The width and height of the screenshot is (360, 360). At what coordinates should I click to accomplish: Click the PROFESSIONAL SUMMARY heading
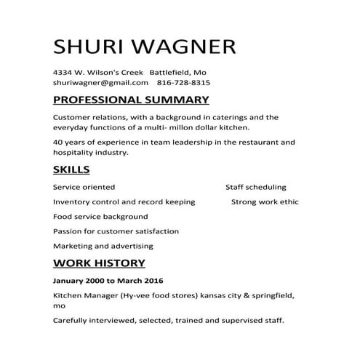131,100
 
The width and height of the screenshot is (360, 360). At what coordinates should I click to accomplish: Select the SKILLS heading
71,170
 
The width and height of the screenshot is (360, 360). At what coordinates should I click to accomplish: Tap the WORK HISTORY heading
99,263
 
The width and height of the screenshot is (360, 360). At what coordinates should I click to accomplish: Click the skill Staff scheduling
255,187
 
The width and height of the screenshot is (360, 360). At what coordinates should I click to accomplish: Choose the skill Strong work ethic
264,201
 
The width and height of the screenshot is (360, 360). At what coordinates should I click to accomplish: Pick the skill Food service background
100,216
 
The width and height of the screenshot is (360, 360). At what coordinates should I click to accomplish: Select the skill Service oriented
84,187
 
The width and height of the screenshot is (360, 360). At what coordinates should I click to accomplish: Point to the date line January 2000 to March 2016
108,280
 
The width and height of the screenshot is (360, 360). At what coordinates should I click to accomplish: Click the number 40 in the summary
58,142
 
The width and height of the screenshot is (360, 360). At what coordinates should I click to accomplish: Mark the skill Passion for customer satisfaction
116,231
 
